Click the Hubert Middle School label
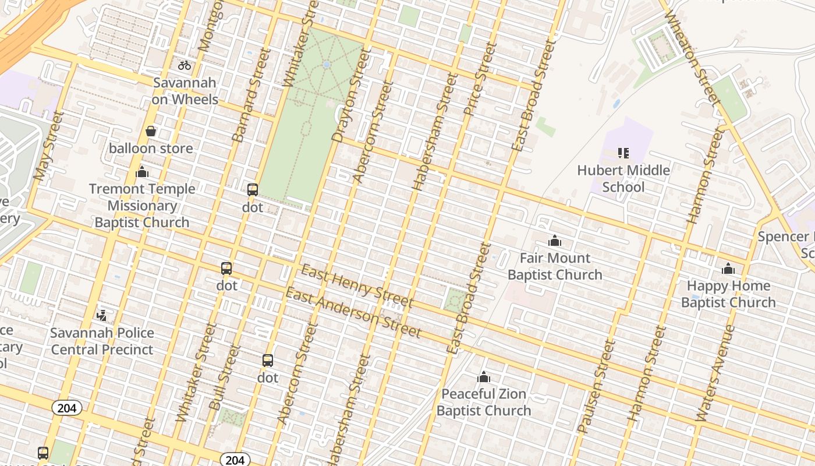(623, 178)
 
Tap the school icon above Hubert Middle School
(623, 153)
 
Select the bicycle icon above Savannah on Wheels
(185, 65)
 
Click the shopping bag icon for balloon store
(151, 131)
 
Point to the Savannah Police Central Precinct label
(102, 341)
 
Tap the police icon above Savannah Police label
(102, 315)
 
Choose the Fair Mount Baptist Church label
(555, 266)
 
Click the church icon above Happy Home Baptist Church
(728, 269)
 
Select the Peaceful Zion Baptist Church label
(484, 402)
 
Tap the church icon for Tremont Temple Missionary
(142, 172)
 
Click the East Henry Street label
(357, 285)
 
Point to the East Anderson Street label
(353, 313)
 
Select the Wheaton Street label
(692, 56)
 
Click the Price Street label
(480, 79)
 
